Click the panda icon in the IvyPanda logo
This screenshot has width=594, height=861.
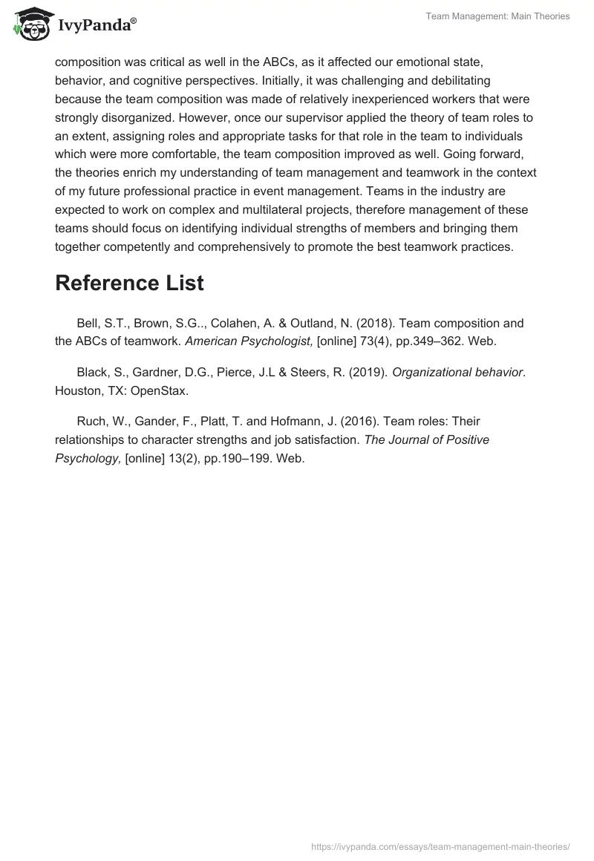click(x=29, y=25)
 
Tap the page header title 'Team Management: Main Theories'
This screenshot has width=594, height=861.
click(x=497, y=16)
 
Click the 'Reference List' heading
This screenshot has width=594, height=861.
click(x=129, y=283)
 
